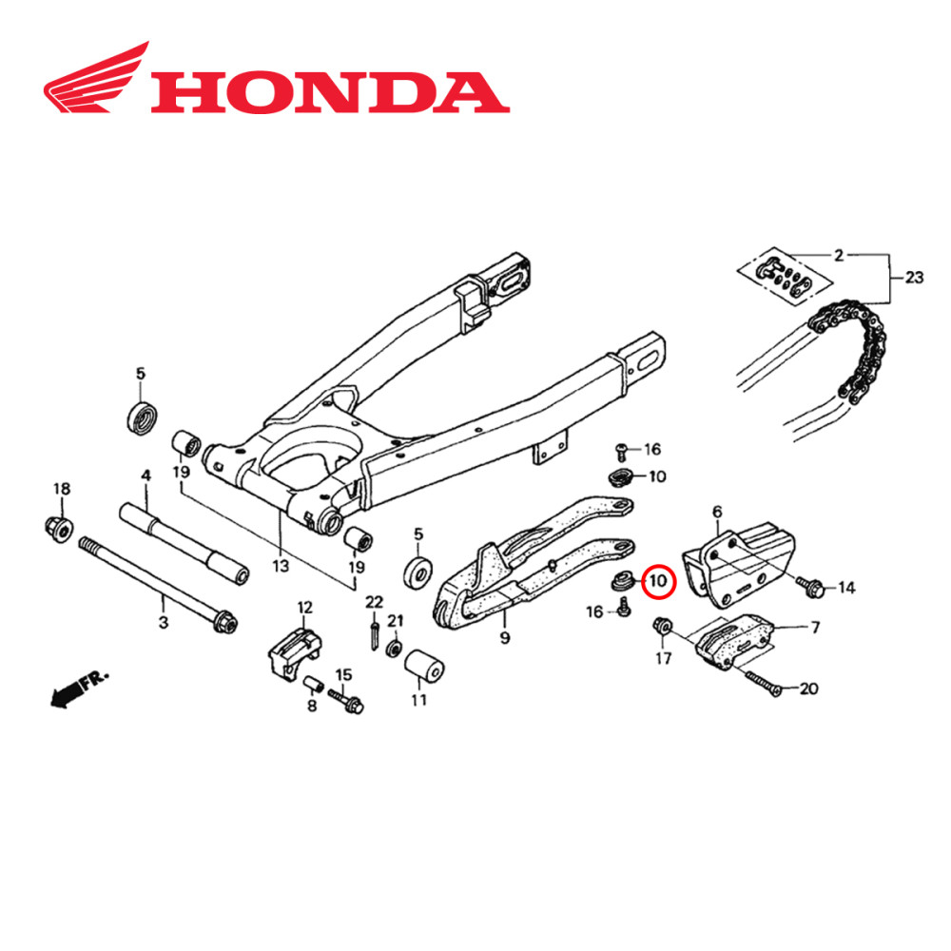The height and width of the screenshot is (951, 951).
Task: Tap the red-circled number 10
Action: (658, 579)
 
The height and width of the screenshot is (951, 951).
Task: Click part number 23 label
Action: (914, 279)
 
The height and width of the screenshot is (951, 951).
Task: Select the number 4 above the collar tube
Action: (146, 475)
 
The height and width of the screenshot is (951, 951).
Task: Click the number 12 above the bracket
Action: (304, 607)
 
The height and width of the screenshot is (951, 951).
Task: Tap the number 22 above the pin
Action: (373, 601)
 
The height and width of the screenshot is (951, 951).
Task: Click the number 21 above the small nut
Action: (396, 621)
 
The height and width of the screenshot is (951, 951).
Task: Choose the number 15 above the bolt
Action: (343, 674)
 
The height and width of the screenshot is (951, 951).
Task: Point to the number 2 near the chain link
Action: (839, 256)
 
